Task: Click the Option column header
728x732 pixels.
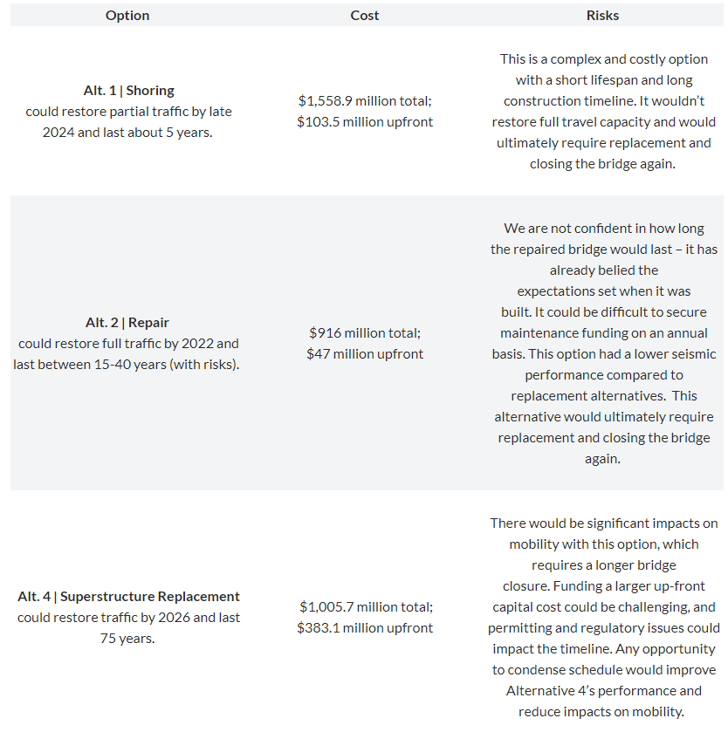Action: click(127, 16)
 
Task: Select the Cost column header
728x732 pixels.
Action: click(365, 16)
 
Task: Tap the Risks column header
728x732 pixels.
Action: click(602, 16)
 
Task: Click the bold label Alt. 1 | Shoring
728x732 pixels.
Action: click(128, 91)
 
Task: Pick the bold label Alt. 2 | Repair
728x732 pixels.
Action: click(127, 323)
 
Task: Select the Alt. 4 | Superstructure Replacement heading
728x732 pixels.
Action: click(128, 597)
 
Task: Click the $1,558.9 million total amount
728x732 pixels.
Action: click(365, 101)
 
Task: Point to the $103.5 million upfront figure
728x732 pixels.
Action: click(365, 122)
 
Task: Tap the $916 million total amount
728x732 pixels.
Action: click(365, 333)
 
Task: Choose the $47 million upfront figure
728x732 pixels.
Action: click(365, 354)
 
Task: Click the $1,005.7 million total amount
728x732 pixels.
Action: click(365, 607)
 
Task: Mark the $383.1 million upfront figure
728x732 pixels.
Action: click(365, 628)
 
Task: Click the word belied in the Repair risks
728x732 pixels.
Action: click(637, 270)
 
